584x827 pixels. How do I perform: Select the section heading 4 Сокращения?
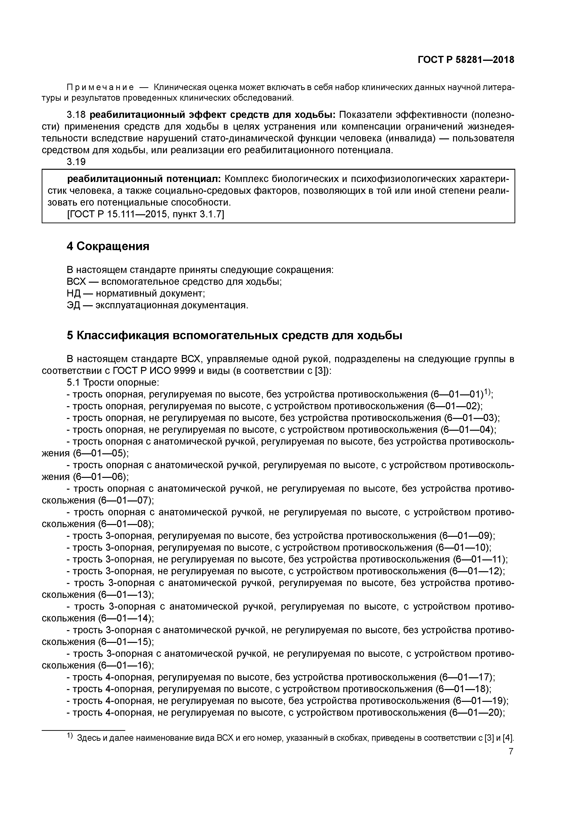pyautogui.click(x=108, y=246)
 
